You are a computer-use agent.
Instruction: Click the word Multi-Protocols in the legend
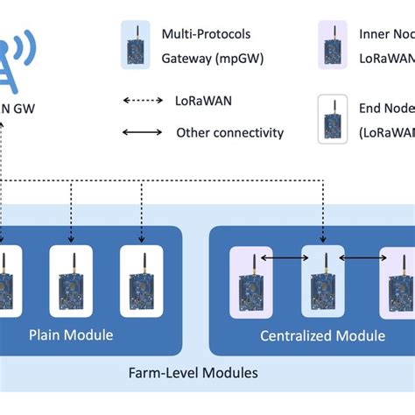[206, 33]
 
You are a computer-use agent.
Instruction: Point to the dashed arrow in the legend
[142, 100]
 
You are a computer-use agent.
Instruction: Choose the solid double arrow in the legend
[142, 132]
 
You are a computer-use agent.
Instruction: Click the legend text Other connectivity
[229, 132]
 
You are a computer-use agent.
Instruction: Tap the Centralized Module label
[323, 335]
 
